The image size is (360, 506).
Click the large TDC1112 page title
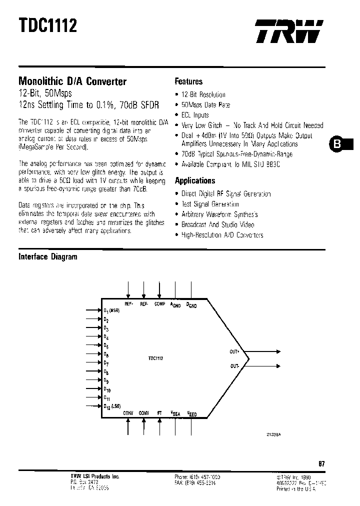tap(48, 25)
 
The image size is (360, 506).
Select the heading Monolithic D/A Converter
tap(72, 81)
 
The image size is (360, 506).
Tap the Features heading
tap(188, 81)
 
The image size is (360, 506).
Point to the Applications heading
tap(195, 180)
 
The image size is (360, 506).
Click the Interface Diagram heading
tap(48, 257)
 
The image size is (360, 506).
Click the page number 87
tap(321, 463)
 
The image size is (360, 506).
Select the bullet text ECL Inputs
tap(195, 115)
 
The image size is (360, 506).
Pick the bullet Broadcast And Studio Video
tap(217, 224)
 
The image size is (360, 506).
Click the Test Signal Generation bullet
tap(210, 204)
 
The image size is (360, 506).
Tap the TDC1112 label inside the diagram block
tap(156, 358)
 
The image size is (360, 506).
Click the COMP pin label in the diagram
tap(159, 303)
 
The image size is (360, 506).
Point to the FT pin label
tap(159, 413)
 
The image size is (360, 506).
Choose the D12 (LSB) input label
tap(111, 406)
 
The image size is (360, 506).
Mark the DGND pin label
tap(191, 304)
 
